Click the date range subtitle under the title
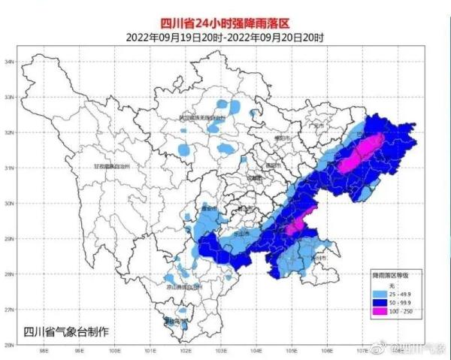point(225,36)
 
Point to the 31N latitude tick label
point(10,168)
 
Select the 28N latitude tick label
point(10,274)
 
